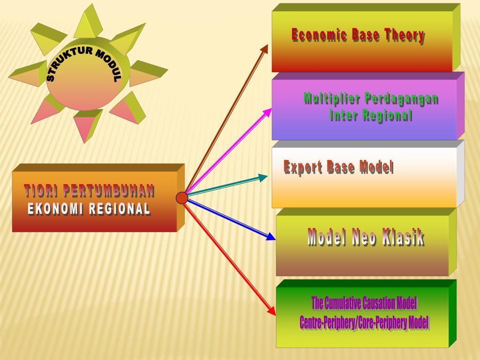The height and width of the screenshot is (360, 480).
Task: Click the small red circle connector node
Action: [x=182, y=198]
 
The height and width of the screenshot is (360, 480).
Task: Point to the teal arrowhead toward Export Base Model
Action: [x=263, y=177]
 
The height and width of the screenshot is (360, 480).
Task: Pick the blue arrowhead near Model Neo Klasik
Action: [x=271, y=237]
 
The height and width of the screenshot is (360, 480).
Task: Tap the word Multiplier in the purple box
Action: [x=331, y=98]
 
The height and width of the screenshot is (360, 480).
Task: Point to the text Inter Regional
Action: [x=371, y=115]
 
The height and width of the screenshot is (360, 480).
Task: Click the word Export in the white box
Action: [x=303, y=167]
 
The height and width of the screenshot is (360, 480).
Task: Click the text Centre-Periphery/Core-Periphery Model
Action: [x=364, y=322]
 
